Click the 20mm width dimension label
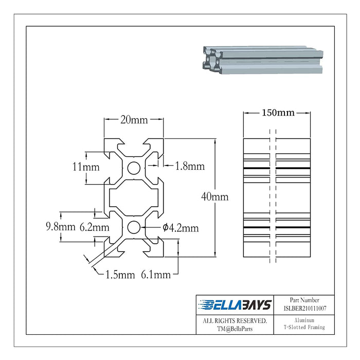tap(134, 120)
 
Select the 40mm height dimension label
tap(215, 197)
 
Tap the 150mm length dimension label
tap(278, 113)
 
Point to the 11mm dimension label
tap(86, 167)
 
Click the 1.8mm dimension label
tap(190, 166)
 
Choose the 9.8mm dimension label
tap(61, 227)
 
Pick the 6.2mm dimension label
tap(94, 227)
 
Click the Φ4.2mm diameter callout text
tap(181, 228)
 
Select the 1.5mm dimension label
tap(120, 275)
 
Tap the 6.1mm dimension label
tap(156, 275)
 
